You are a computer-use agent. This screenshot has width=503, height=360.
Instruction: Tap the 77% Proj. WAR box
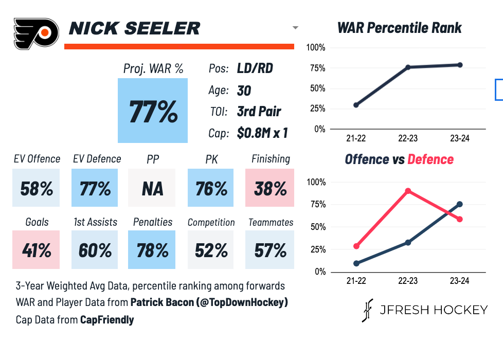click(153, 111)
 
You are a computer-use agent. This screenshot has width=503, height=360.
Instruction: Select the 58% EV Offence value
click(37, 189)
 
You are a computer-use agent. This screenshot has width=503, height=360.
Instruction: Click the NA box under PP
click(152, 189)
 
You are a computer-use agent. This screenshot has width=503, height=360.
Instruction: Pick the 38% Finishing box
click(270, 189)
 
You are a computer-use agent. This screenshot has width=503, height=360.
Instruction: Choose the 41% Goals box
click(37, 250)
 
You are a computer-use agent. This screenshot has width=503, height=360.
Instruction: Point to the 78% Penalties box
click(152, 250)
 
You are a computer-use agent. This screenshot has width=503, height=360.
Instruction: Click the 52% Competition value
click(211, 250)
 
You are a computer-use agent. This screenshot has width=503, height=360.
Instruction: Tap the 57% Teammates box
click(270, 250)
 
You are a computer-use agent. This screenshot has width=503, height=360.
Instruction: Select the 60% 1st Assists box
click(95, 250)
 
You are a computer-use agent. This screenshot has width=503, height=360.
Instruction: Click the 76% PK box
click(211, 189)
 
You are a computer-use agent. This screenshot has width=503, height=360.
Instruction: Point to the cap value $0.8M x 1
click(262, 133)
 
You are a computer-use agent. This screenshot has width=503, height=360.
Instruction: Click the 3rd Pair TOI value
click(259, 112)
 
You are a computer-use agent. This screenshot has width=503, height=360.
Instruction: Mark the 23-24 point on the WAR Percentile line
click(460, 65)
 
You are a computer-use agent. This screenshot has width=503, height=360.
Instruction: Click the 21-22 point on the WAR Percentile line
click(356, 105)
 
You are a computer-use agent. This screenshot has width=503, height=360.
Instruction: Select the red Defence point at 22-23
click(408, 191)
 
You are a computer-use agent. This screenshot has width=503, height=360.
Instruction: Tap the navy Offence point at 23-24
click(460, 204)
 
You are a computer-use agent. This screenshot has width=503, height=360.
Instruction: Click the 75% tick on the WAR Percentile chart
click(316, 68)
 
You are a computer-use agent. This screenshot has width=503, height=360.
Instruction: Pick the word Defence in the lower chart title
click(430, 159)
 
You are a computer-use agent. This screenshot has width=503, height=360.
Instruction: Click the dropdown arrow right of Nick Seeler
click(295, 28)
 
